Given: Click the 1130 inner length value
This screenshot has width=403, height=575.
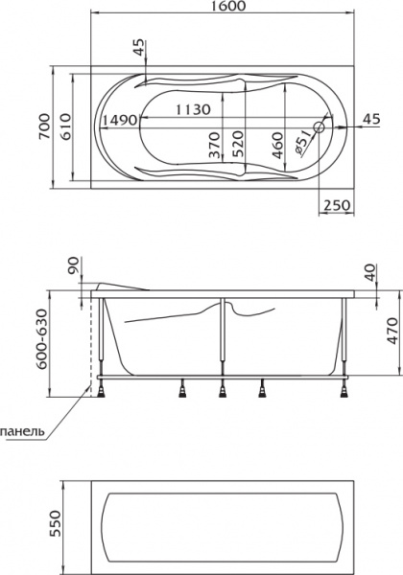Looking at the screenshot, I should click(192, 109).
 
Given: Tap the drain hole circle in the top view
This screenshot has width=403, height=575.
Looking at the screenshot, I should click(320, 123).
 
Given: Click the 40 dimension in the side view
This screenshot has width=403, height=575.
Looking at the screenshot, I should click(371, 271).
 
